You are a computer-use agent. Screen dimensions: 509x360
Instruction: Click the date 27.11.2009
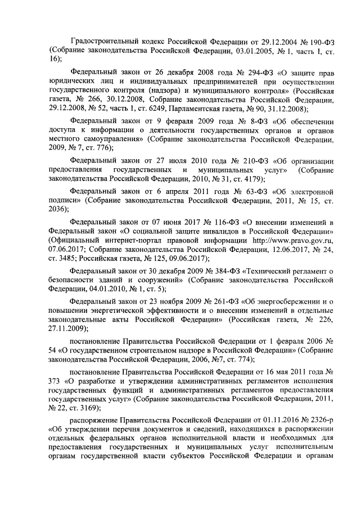pyautogui.click(x=70, y=329)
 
